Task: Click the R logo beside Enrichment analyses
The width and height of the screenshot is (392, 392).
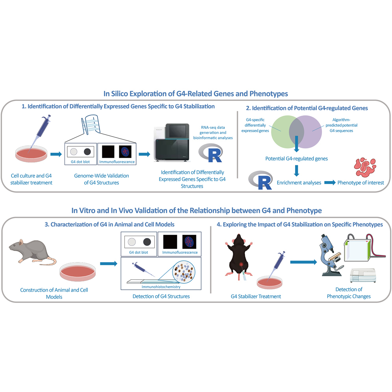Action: [260, 180]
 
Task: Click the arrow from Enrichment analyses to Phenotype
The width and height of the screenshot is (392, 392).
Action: [330, 183]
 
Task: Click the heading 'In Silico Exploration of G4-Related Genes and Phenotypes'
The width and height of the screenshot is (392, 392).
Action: [196, 94]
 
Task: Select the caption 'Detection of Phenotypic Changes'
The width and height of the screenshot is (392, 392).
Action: [349, 293]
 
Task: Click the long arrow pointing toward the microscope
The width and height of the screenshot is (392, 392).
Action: [303, 262]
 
